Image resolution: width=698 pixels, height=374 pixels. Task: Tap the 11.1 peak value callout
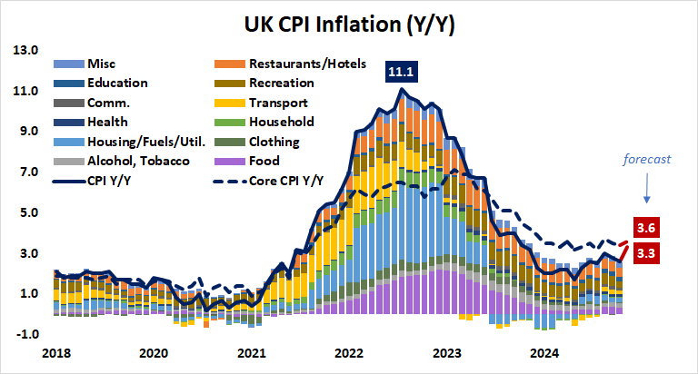tap(402, 71)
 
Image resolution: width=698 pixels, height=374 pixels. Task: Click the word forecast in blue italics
tap(646, 159)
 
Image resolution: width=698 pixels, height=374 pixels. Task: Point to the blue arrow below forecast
tap(646, 187)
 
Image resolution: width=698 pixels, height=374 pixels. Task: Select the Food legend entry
tap(264, 162)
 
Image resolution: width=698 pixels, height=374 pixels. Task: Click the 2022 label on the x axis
tap(349, 353)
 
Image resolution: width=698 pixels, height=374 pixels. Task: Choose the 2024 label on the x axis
tap(544, 353)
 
